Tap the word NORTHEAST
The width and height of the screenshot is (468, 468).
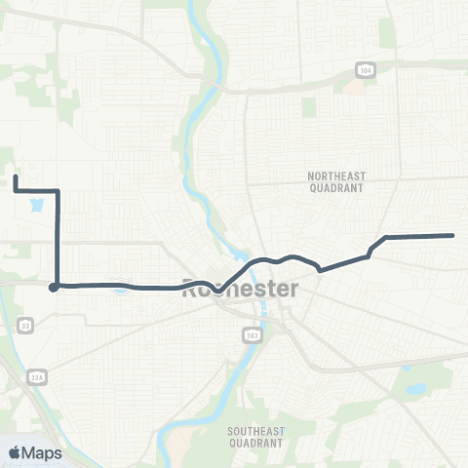(x=334, y=175)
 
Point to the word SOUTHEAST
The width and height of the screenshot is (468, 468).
(x=254, y=430)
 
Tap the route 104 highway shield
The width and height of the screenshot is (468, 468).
(x=365, y=71)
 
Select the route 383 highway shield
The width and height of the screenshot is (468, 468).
(x=252, y=334)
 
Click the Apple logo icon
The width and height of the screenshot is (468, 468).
(x=15, y=452)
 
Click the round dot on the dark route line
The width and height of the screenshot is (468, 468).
(x=55, y=287)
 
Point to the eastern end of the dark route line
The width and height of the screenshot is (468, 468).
(x=453, y=235)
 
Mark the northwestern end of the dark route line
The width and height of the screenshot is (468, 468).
(x=15, y=176)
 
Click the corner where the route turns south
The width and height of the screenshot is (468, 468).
(x=58, y=191)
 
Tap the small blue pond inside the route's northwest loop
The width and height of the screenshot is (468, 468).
(x=37, y=206)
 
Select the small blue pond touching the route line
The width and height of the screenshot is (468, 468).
(x=121, y=288)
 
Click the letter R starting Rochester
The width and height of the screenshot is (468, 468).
(x=189, y=289)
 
